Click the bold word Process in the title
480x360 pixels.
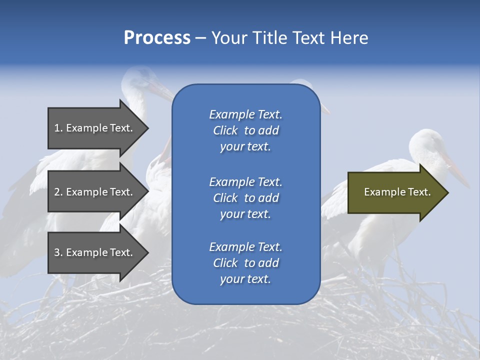click(157, 38)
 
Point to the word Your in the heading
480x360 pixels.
click(230, 38)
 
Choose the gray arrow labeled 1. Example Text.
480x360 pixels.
click(95, 128)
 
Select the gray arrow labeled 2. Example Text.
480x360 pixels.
click(95, 192)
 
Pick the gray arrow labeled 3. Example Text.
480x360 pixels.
click(95, 252)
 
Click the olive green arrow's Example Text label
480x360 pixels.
click(397, 192)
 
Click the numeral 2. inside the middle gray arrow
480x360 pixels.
click(58, 192)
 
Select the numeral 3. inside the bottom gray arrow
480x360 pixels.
click(58, 252)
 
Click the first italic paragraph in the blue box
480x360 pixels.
click(245, 130)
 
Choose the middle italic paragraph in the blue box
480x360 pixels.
click(245, 198)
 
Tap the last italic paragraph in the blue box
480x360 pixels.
click(245, 263)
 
